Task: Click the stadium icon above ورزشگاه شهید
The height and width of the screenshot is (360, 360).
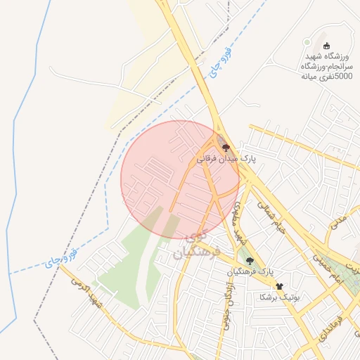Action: [326, 46]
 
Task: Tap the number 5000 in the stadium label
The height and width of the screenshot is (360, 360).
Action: [338, 77]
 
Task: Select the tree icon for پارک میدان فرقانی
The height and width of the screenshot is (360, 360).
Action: [226, 148]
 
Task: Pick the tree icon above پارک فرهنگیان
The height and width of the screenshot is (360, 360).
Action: [250, 260]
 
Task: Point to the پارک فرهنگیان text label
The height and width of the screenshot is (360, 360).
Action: [249, 271]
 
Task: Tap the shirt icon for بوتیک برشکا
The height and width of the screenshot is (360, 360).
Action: [280, 286]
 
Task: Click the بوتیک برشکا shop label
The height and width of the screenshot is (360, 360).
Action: [279, 297]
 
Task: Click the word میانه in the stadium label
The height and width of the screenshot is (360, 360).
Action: [314, 77]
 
